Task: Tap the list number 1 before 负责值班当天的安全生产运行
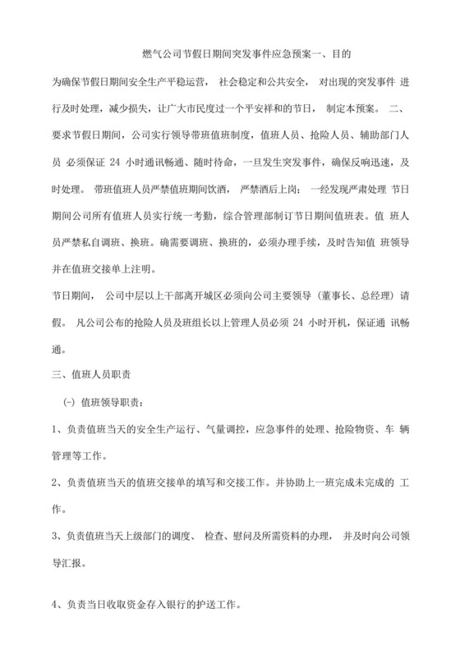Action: (x=54, y=430)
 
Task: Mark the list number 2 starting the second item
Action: (x=54, y=482)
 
